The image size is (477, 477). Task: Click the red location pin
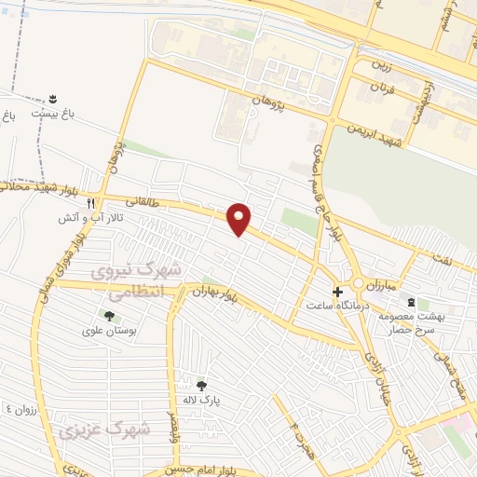click(x=239, y=218)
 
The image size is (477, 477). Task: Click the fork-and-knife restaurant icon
click(x=90, y=202)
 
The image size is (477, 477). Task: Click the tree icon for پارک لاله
click(x=201, y=385)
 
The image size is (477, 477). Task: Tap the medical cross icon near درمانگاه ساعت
click(x=337, y=291)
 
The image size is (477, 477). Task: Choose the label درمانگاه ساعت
click(x=340, y=305)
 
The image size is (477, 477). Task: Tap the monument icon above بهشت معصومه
click(x=412, y=301)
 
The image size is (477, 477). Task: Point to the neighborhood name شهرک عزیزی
click(x=102, y=430)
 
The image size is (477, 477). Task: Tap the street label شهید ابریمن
click(x=372, y=132)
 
